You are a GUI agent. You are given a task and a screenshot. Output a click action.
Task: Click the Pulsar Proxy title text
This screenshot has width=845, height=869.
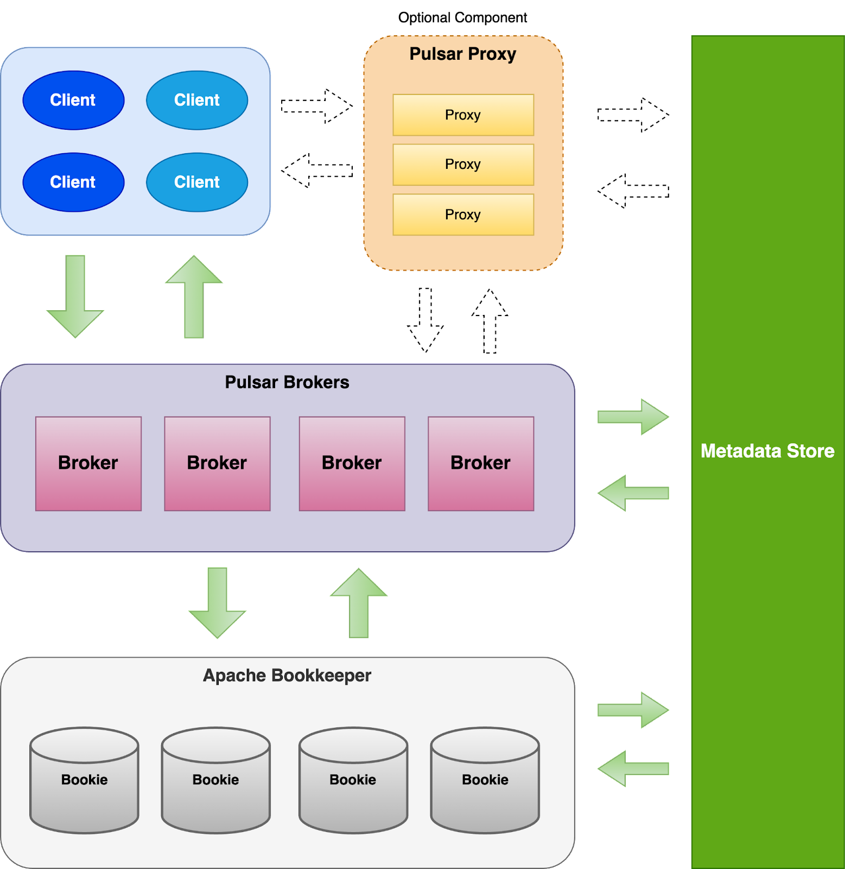(x=462, y=54)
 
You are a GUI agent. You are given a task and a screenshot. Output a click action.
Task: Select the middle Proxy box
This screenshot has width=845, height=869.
(x=463, y=165)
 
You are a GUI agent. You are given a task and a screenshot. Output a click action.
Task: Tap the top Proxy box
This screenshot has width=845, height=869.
(x=463, y=115)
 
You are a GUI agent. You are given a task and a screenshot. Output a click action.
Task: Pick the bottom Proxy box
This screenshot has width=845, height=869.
(x=463, y=215)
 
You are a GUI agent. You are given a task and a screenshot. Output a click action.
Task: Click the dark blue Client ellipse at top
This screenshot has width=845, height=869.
(x=73, y=100)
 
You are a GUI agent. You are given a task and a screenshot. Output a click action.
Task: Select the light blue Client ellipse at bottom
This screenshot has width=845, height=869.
(x=197, y=182)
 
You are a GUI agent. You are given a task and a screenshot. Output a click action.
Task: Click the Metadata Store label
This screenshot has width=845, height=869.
(x=767, y=451)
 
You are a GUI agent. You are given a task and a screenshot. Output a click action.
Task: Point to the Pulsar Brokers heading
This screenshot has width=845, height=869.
(x=287, y=382)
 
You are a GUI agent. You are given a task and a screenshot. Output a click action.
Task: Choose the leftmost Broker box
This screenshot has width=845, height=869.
(x=88, y=463)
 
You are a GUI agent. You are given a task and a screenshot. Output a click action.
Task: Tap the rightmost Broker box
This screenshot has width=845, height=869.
(x=481, y=463)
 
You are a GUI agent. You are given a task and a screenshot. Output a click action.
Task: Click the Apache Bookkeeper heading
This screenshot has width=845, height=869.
(x=287, y=676)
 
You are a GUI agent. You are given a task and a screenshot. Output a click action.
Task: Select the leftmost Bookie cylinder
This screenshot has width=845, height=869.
(x=84, y=780)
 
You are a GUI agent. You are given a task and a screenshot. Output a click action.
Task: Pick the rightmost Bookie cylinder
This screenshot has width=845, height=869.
(x=485, y=780)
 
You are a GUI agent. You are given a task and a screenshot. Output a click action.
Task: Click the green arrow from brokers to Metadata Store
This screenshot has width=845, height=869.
(x=633, y=417)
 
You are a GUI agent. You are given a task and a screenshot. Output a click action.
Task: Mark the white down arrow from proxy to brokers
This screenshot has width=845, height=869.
(x=425, y=321)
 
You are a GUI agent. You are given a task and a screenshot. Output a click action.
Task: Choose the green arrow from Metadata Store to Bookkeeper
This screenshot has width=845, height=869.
(x=633, y=769)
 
